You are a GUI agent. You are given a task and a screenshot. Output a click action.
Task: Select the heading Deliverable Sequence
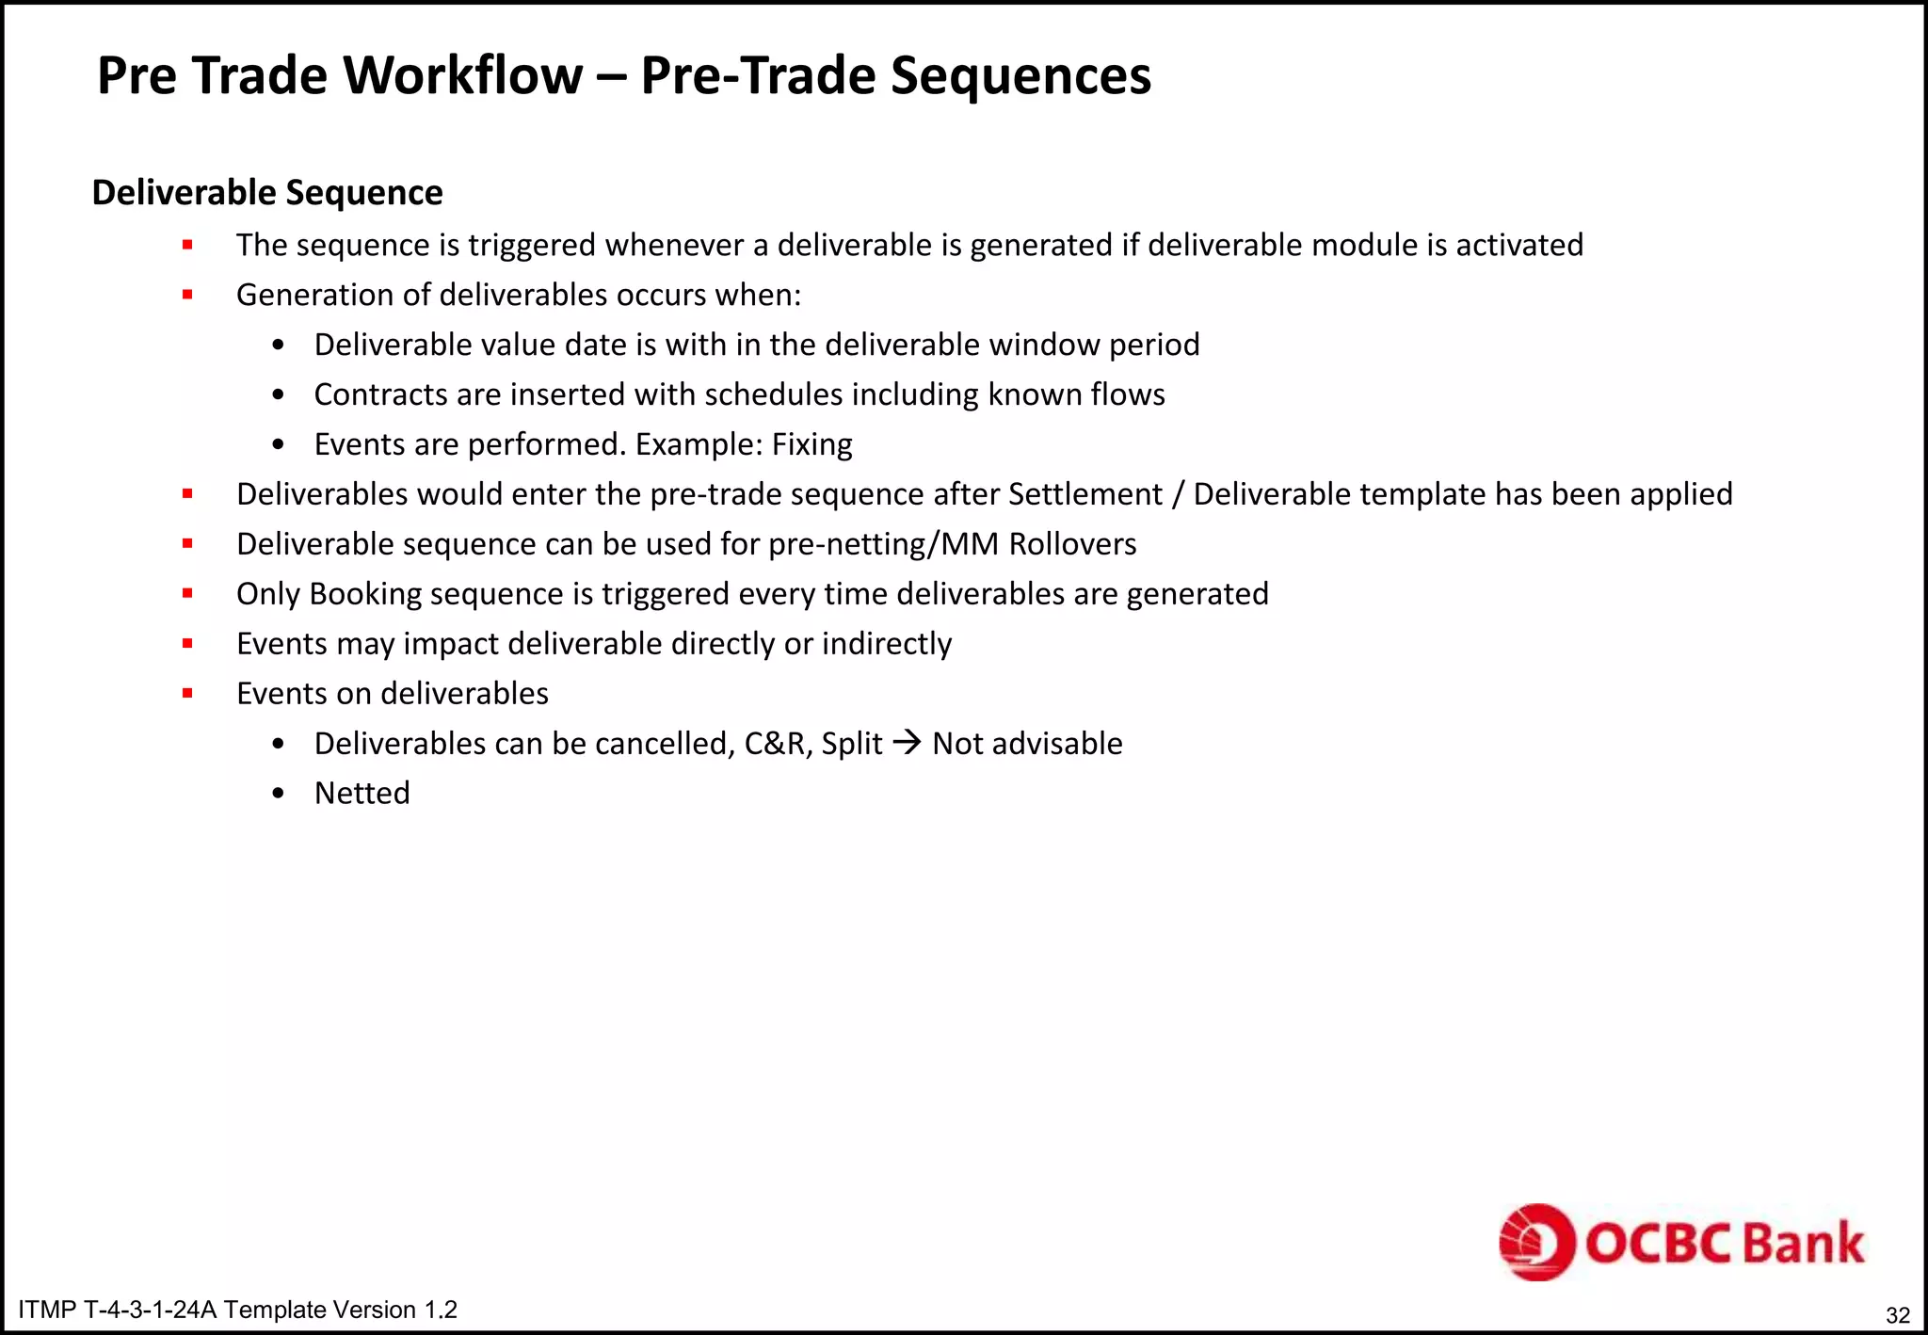(267, 193)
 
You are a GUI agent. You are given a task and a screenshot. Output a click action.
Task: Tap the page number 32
(1898, 1315)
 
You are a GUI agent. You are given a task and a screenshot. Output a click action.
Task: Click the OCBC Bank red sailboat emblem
(1536, 1242)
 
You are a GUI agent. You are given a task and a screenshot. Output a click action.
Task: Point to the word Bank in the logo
(1803, 1243)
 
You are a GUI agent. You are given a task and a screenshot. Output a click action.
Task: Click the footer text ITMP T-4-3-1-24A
(118, 1310)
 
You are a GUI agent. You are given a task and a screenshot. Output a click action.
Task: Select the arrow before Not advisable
(907, 744)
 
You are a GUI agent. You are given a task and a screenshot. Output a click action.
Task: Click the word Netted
(362, 794)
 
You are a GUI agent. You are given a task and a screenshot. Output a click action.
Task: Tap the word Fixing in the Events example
(811, 444)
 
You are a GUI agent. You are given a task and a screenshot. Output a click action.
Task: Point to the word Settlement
(1084, 494)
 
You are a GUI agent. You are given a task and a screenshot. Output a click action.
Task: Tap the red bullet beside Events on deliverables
(187, 694)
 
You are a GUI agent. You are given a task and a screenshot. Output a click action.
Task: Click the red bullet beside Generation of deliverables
(187, 295)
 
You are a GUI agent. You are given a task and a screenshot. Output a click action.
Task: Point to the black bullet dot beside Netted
(278, 794)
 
